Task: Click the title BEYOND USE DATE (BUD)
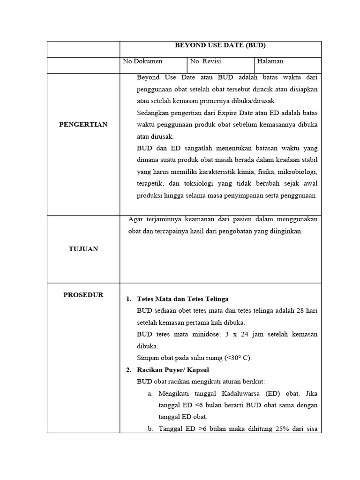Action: click(220, 45)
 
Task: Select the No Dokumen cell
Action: click(142, 61)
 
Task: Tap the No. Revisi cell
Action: click(205, 61)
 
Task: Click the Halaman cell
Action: click(270, 61)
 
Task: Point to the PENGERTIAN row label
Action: click(83, 124)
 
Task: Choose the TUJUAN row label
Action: click(83, 249)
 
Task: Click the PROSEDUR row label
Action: click(83, 295)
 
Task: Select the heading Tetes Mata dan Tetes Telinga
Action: click(183, 299)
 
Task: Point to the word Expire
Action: click(227, 112)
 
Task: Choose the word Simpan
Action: click(147, 358)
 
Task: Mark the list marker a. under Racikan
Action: click(150, 393)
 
